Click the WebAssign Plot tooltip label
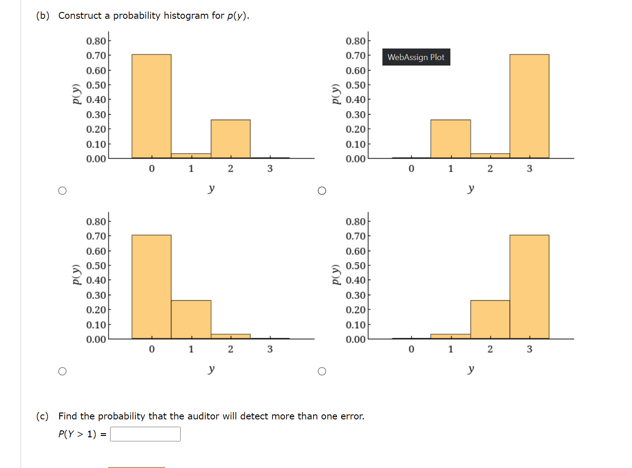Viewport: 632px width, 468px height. [x=416, y=57]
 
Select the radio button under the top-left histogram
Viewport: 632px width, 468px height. [x=62, y=191]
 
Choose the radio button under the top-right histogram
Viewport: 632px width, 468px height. [x=322, y=191]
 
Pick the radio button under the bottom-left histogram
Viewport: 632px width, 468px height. [x=62, y=371]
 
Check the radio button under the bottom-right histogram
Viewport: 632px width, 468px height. [x=322, y=371]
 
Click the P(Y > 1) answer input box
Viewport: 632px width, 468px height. [x=145, y=434]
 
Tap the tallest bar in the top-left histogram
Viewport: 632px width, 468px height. [x=151, y=106]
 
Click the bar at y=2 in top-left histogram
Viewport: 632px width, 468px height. [x=230, y=139]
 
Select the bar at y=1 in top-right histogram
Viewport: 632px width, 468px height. [x=450, y=139]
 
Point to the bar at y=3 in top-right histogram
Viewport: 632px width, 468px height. [x=529, y=106]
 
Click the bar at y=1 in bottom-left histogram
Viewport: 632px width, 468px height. [x=191, y=319]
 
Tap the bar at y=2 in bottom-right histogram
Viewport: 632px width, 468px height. [x=490, y=319]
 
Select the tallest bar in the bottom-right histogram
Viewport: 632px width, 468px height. [x=529, y=287]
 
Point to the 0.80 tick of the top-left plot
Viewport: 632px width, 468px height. [x=96, y=41]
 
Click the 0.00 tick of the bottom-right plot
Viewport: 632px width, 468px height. [x=355, y=339]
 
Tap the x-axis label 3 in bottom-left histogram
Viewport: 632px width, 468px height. [x=270, y=349]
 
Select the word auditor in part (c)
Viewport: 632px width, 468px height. [x=203, y=416]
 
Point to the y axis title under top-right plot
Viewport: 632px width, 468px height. [x=471, y=188]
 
